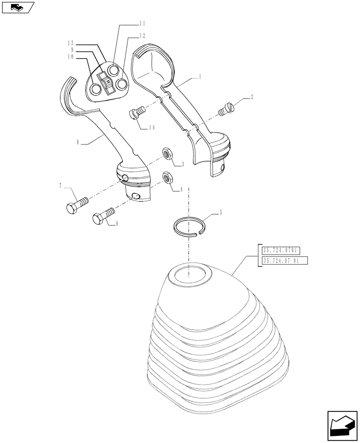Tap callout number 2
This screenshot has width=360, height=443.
pos(252,96)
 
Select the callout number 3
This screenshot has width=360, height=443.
pos(182,164)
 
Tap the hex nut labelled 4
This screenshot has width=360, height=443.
pos(168,177)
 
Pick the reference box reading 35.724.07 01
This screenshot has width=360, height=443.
pos(281,260)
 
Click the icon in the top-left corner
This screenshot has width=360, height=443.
pos(17,8)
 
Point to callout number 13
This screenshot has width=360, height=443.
pos(71,43)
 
